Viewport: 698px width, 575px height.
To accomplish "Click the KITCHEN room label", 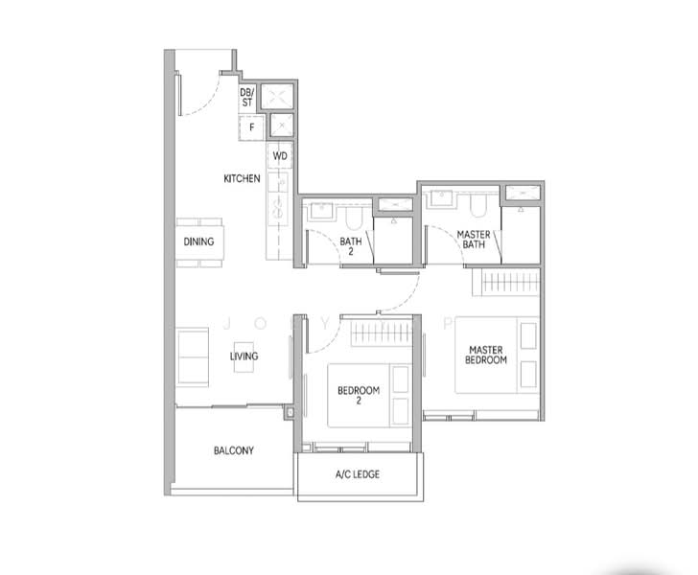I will (x=242, y=179).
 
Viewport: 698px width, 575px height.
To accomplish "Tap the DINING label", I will (x=198, y=242).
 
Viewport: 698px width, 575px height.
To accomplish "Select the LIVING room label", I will (x=244, y=356).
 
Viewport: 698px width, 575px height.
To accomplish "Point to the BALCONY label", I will (x=233, y=450).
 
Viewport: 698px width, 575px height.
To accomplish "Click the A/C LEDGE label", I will (x=357, y=474).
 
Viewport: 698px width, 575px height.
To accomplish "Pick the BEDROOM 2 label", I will (x=359, y=396).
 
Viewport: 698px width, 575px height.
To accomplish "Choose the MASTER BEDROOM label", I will (x=487, y=355).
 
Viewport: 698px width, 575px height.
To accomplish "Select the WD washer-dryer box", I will (x=280, y=155).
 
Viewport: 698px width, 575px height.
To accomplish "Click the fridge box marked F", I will (x=252, y=126).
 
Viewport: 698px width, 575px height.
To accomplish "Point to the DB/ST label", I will (x=246, y=97).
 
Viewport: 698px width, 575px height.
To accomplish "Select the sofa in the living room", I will (x=194, y=356).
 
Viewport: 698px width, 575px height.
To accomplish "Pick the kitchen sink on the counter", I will (x=279, y=206).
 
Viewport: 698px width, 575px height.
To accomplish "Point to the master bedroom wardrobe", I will (x=509, y=284).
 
